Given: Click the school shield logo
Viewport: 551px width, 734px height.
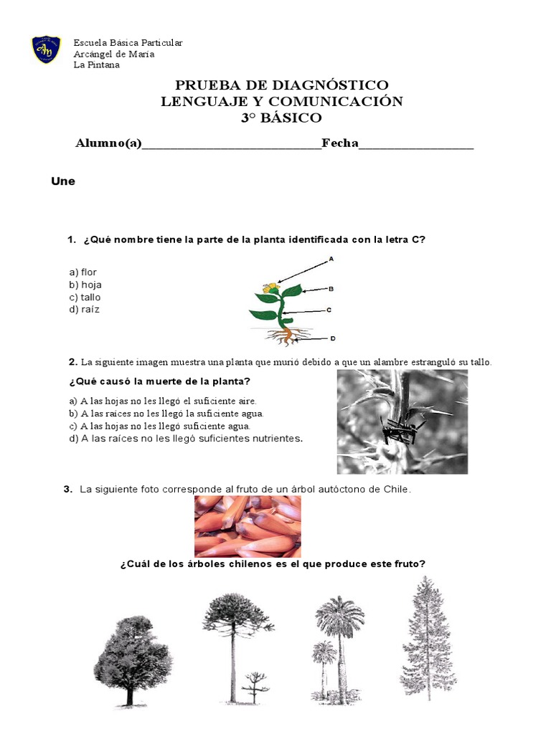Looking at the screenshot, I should click(x=46, y=49).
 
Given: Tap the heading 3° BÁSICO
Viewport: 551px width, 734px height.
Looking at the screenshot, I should click(x=281, y=118).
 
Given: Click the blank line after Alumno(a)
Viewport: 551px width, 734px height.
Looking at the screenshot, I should click(x=232, y=146).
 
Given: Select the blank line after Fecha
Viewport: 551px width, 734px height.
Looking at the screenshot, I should click(x=416, y=146).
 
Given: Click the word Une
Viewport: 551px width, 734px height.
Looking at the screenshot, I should click(x=63, y=181).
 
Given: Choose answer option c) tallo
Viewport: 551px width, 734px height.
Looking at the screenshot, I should click(x=85, y=297).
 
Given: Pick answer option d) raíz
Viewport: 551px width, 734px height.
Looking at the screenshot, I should click(x=85, y=310).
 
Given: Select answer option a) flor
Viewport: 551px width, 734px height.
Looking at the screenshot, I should click(x=83, y=272).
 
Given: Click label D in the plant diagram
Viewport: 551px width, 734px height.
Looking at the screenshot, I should click(x=333, y=338).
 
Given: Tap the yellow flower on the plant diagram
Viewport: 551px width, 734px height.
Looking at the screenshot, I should click(x=270, y=287).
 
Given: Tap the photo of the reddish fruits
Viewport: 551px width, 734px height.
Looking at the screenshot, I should click(x=248, y=526).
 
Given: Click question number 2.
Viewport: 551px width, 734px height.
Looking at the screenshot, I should click(x=72, y=361).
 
